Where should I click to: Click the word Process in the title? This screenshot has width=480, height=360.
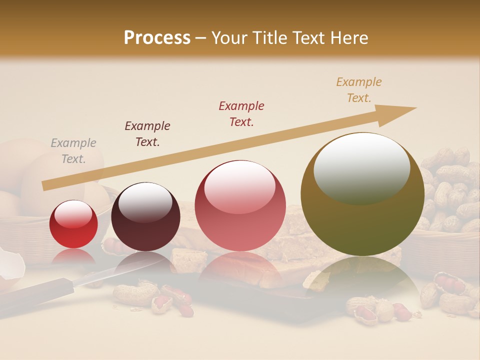(157, 38)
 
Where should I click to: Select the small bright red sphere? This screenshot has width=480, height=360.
(73, 224)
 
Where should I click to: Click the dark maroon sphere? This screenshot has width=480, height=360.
(145, 217)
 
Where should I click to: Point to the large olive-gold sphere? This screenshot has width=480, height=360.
(362, 195)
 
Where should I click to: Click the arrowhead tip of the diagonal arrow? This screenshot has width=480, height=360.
(415, 108)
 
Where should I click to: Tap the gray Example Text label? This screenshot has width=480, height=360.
(73, 151)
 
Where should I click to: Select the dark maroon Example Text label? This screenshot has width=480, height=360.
(147, 133)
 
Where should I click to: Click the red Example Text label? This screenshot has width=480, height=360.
(241, 113)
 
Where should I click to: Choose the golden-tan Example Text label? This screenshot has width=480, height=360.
(359, 89)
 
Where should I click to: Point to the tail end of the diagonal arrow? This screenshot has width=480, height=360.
(44, 186)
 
